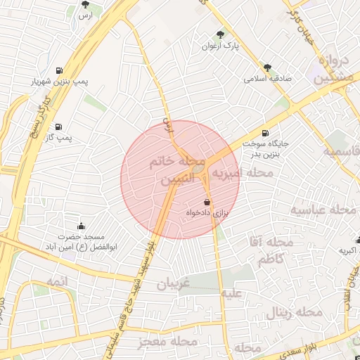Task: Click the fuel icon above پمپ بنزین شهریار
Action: pos(57,70)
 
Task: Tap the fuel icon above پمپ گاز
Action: pos(57,126)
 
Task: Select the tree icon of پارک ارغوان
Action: pos(222,34)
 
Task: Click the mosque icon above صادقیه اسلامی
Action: pos(267,67)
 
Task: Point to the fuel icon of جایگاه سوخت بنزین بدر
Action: pos(264,133)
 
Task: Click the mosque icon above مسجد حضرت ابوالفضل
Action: pos(81,226)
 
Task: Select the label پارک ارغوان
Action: pos(223,46)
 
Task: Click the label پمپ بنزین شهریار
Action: pos(57,82)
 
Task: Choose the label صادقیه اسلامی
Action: pos(267,79)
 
